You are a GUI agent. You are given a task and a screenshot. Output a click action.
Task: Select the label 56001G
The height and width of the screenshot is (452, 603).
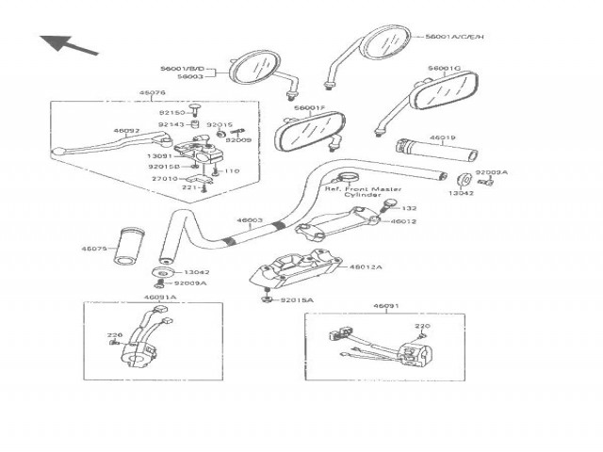[x=444, y=69]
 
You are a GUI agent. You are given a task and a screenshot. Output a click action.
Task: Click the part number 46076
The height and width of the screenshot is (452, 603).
[x=152, y=93]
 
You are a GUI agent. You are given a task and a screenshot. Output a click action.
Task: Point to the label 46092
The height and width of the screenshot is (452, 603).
[x=126, y=131]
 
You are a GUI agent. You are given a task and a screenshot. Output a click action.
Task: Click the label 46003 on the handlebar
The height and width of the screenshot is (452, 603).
[x=250, y=220]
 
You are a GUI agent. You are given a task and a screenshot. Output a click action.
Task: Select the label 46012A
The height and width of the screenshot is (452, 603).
[x=367, y=266]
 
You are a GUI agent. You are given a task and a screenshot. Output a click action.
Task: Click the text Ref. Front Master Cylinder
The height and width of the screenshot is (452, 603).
[x=362, y=193]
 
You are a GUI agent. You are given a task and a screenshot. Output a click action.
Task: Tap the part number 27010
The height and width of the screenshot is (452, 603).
[x=165, y=178]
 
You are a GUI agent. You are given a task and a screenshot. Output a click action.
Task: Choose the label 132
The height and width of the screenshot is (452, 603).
[x=409, y=208]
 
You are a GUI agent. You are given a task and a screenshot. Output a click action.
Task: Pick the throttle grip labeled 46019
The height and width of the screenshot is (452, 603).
[x=418, y=153]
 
